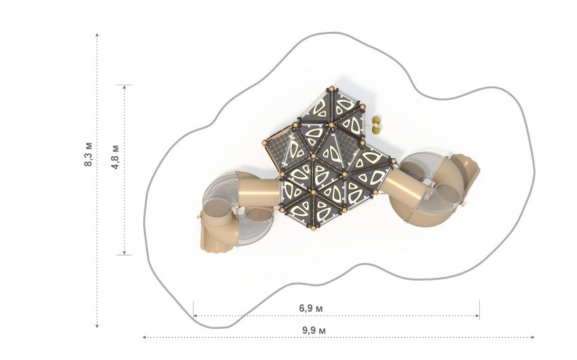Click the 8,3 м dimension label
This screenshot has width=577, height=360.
(88, 154)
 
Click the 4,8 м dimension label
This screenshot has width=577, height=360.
(115, 157)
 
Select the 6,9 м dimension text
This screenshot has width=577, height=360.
(311, 308)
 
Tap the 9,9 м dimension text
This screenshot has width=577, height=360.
(314, 330)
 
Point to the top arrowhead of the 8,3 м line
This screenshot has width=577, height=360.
(97, 35)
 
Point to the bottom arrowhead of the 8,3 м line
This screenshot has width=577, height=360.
(97, 325)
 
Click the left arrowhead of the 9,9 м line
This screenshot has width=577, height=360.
(145, 337)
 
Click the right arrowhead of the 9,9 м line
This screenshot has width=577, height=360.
(532, 337)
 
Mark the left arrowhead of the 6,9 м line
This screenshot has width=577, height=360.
(196, 315)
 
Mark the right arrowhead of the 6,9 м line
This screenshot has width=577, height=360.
(477, 315)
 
